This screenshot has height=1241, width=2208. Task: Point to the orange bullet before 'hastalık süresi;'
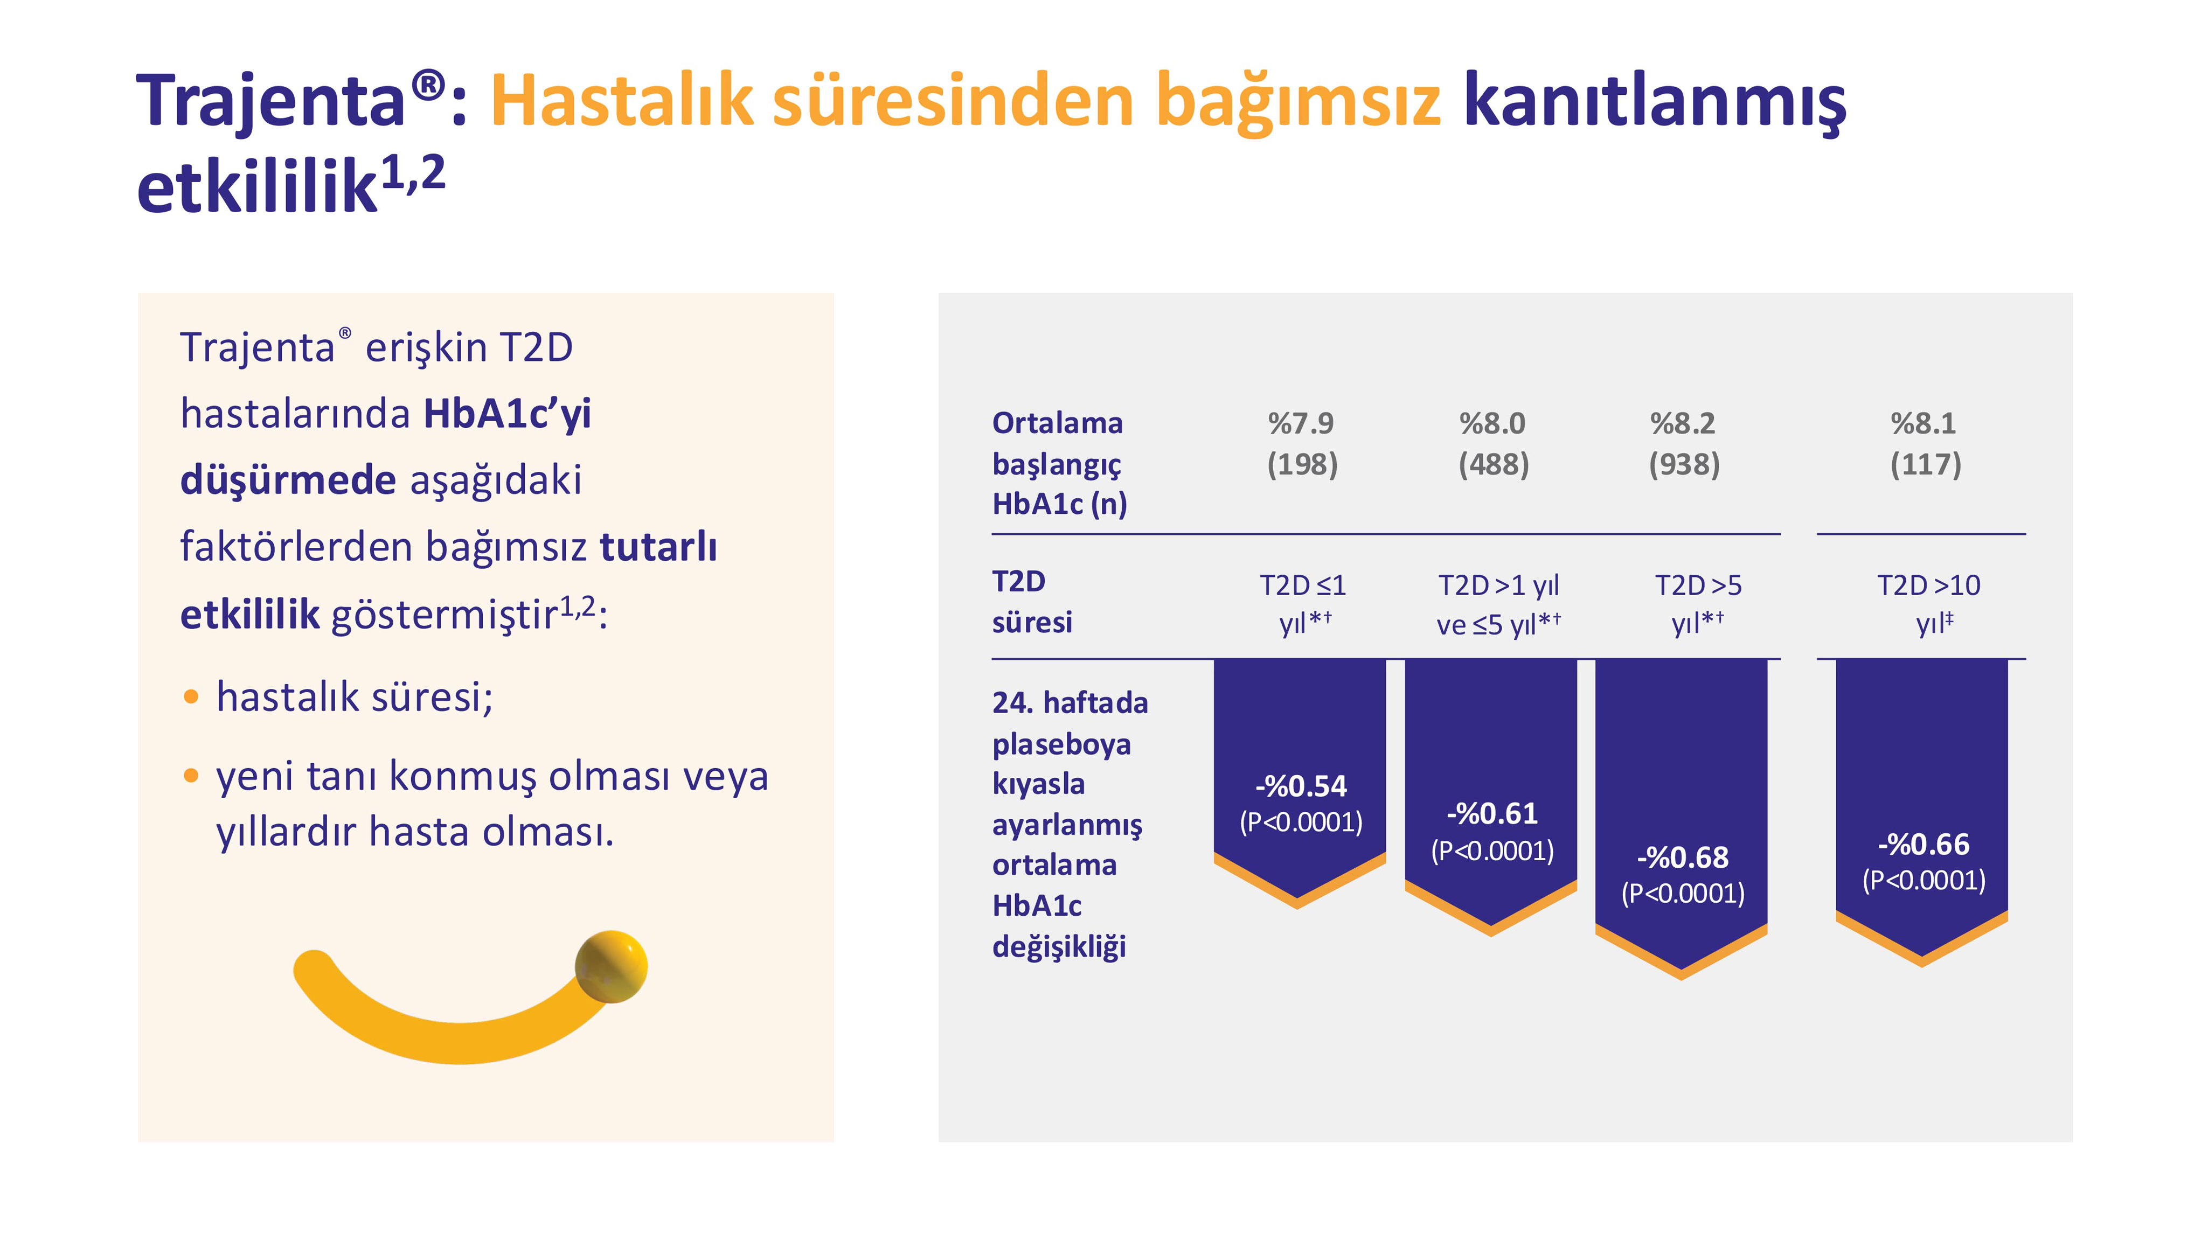(x=191, y=697)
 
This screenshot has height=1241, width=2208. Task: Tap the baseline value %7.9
(x=1301, y=423)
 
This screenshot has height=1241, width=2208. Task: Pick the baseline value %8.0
(x=1492, y=423)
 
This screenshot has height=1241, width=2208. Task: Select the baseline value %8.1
(x=1924, y=423)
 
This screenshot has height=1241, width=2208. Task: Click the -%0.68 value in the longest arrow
(x=1683, y=857)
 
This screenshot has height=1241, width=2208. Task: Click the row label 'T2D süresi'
(x=1031, y=602)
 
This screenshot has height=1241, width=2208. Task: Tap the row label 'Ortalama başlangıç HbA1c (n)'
(x=1059, y=464)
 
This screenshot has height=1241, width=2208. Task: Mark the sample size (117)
(x=1925, y=464)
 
